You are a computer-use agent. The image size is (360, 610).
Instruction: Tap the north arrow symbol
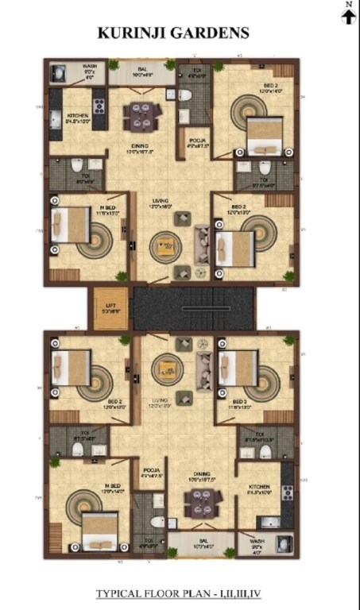pyautogui.click(x=348, y=17)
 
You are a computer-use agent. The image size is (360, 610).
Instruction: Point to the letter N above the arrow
pyautogui.click(x=348, y=5)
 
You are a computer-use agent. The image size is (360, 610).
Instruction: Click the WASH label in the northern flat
pyautogui.click(x=90, y=66)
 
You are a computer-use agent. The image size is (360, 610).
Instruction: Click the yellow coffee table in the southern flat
pyautogui.click(x=166, y=367)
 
